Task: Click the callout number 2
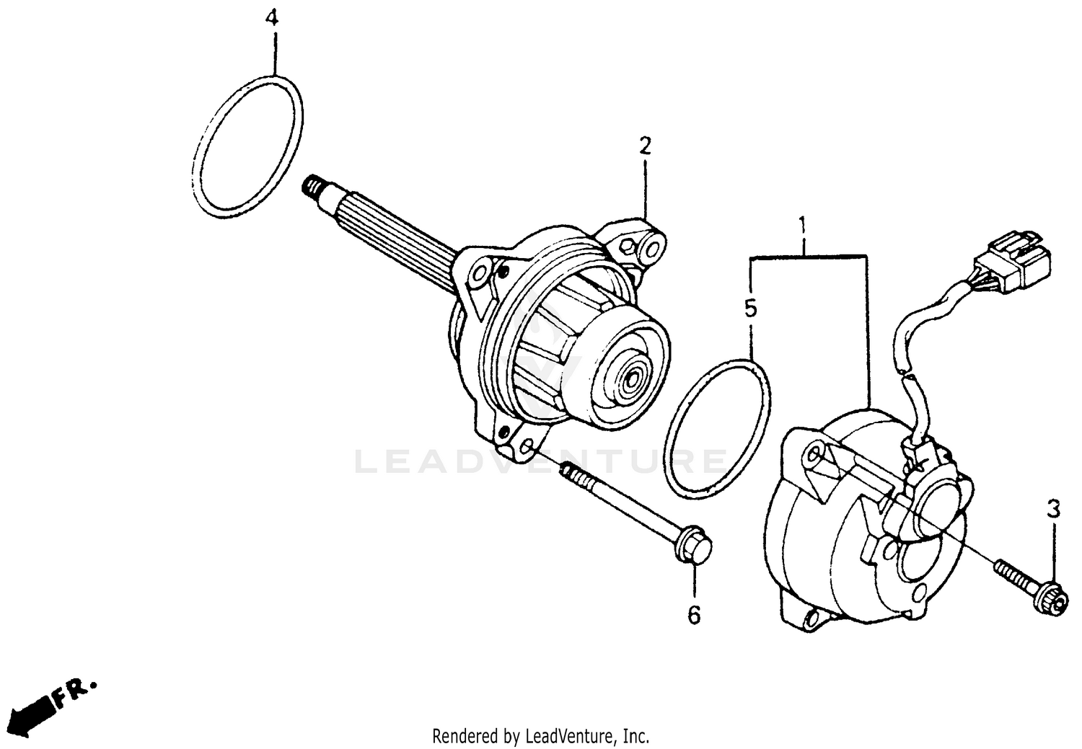[x=644, y=147]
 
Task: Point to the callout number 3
[x=1053, y=510]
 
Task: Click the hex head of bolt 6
[x=695, y=550]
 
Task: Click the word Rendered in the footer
[x=462, y=736]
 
